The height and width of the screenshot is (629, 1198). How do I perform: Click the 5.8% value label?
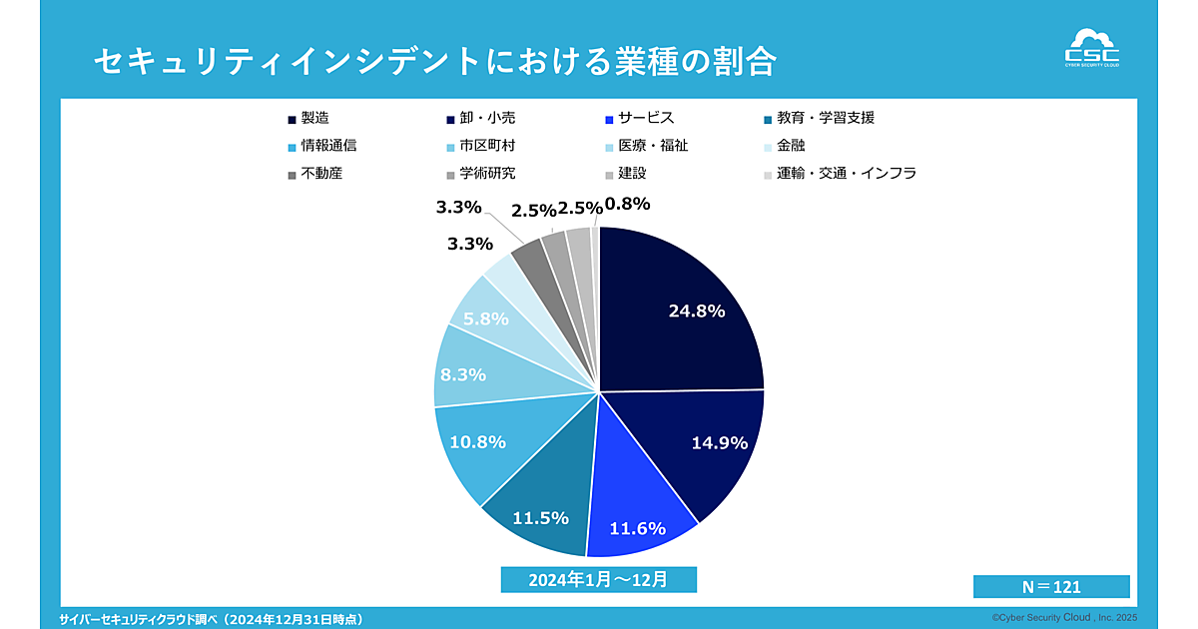click(486, 319)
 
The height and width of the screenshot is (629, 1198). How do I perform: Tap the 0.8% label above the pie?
click(628, 204)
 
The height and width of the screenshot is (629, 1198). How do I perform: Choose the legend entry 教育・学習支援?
click(826, 118)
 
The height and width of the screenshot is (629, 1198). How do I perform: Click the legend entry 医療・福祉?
click(653, 146)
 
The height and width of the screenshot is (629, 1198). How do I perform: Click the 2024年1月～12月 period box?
click(598, 579)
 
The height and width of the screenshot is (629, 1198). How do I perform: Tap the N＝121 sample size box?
click(1051, 587)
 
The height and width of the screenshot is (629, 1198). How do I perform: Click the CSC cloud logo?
click(1092, 49)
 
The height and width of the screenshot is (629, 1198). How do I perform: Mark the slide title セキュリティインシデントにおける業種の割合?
click(435, 62)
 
